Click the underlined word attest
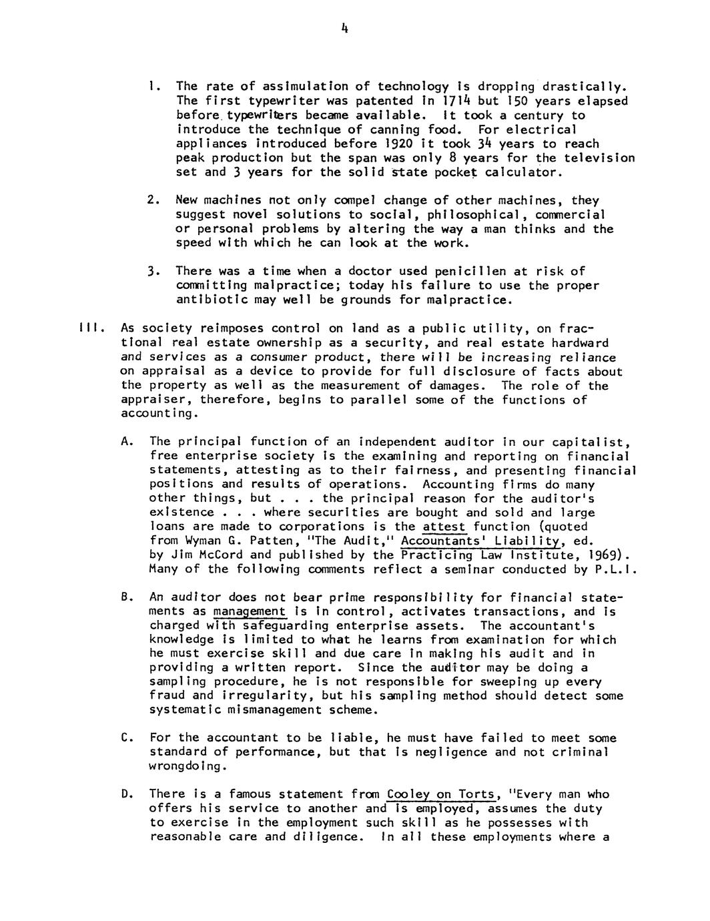coord(444,527)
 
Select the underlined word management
coord(249,611)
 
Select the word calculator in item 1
coord(521,172)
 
